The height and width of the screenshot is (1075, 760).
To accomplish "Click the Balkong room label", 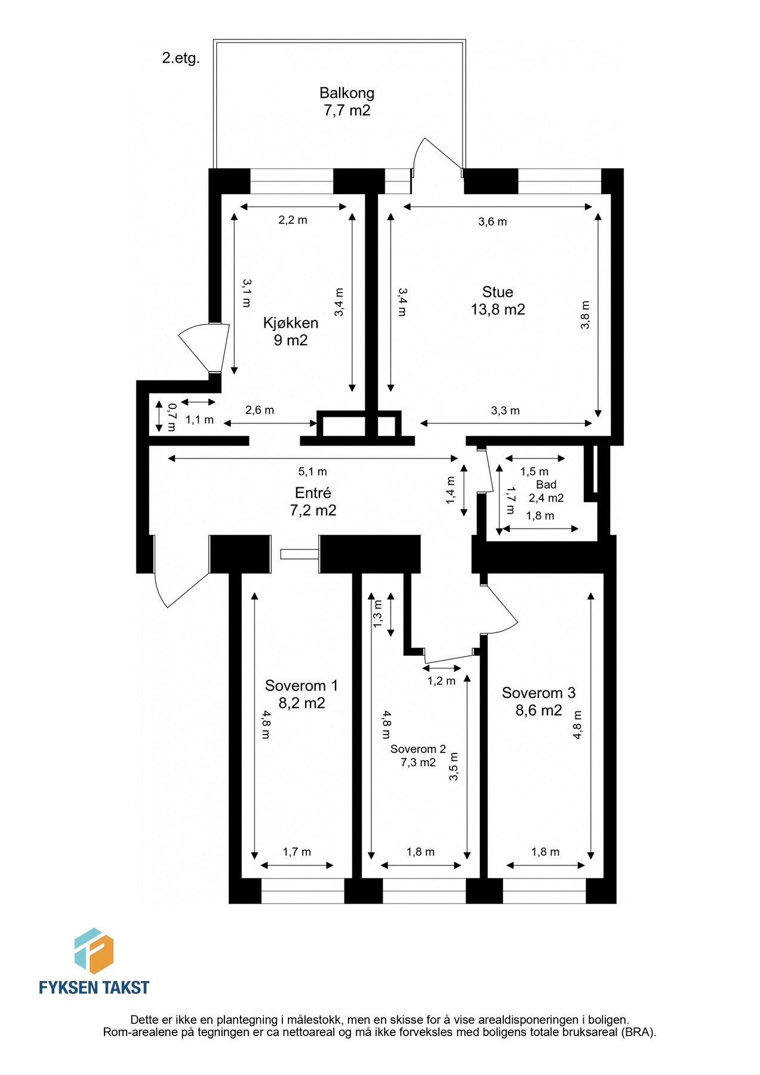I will coord(346,101).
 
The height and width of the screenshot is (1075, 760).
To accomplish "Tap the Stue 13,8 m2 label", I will coord(497,300).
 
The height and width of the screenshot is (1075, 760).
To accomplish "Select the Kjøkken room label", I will coord(291,331).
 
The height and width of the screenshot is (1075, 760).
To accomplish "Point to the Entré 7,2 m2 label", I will coord(313,501).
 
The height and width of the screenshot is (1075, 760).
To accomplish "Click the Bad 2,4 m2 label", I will coord(546,491).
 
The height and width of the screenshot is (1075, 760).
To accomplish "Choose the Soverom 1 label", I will coord(301,693).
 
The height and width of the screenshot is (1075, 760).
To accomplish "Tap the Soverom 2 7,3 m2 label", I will coord(418,755).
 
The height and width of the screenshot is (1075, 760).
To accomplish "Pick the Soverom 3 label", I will coord(539,701).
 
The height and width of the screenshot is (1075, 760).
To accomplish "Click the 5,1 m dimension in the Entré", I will coord(313,471).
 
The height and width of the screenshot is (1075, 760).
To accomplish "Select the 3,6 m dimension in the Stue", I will coord(493,222).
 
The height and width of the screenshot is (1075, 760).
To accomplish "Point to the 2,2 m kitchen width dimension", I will coord(293,220).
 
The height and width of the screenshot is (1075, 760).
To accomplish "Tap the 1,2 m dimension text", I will coord(441,681).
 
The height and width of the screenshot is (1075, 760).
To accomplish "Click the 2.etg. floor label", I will coord(180,59).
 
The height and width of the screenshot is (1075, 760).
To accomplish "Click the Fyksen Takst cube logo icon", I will coord(94,951).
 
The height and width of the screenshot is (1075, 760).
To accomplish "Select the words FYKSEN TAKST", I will coord(94,987).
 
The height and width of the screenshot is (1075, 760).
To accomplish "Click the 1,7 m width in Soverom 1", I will coord(297,852).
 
